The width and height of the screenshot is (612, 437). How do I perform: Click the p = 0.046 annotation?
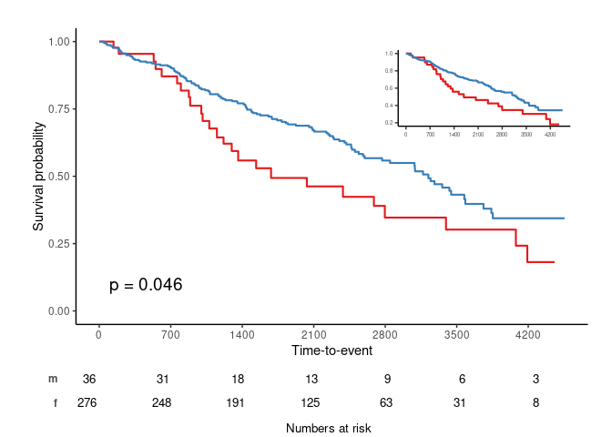(x=146, y=285)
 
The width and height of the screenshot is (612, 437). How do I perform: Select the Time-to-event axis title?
(x=331, y=350)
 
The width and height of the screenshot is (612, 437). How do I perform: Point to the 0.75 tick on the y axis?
(x=61, y=108)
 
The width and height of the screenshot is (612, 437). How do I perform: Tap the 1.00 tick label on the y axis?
(x=61, y=41)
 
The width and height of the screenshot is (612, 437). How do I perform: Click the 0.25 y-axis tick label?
(x=61, y=243)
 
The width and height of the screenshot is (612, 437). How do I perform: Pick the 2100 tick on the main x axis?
(x=313, y=334)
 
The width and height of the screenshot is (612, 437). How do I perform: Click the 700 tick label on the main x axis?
(x=170, y=334)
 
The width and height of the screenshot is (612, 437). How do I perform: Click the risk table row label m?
(x=53, y=379)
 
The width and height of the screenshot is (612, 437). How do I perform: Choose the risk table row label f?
(x=55, y=402)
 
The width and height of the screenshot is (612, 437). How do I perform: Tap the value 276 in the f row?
(x=87, y=402)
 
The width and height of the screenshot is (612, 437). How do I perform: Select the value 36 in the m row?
(x=89, y=379)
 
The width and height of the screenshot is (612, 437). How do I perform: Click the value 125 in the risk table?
(x=313, y=402)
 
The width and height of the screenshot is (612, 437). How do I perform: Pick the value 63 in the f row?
(x=385, y=402)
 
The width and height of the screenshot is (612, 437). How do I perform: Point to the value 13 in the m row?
(x=313, y=379)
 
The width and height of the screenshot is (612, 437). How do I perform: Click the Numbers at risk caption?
(x=328, y=428)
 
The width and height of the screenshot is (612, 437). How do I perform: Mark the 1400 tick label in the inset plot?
(x=454, y=134)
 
